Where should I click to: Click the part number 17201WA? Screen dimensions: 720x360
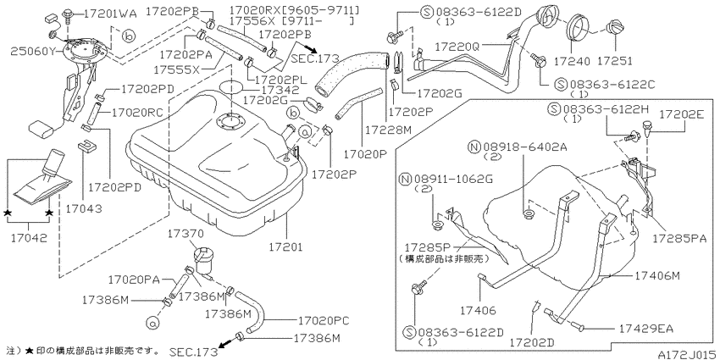110,14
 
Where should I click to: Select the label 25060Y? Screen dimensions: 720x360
33,51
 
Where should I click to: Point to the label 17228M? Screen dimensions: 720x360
390,130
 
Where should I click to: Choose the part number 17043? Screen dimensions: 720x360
83,208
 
